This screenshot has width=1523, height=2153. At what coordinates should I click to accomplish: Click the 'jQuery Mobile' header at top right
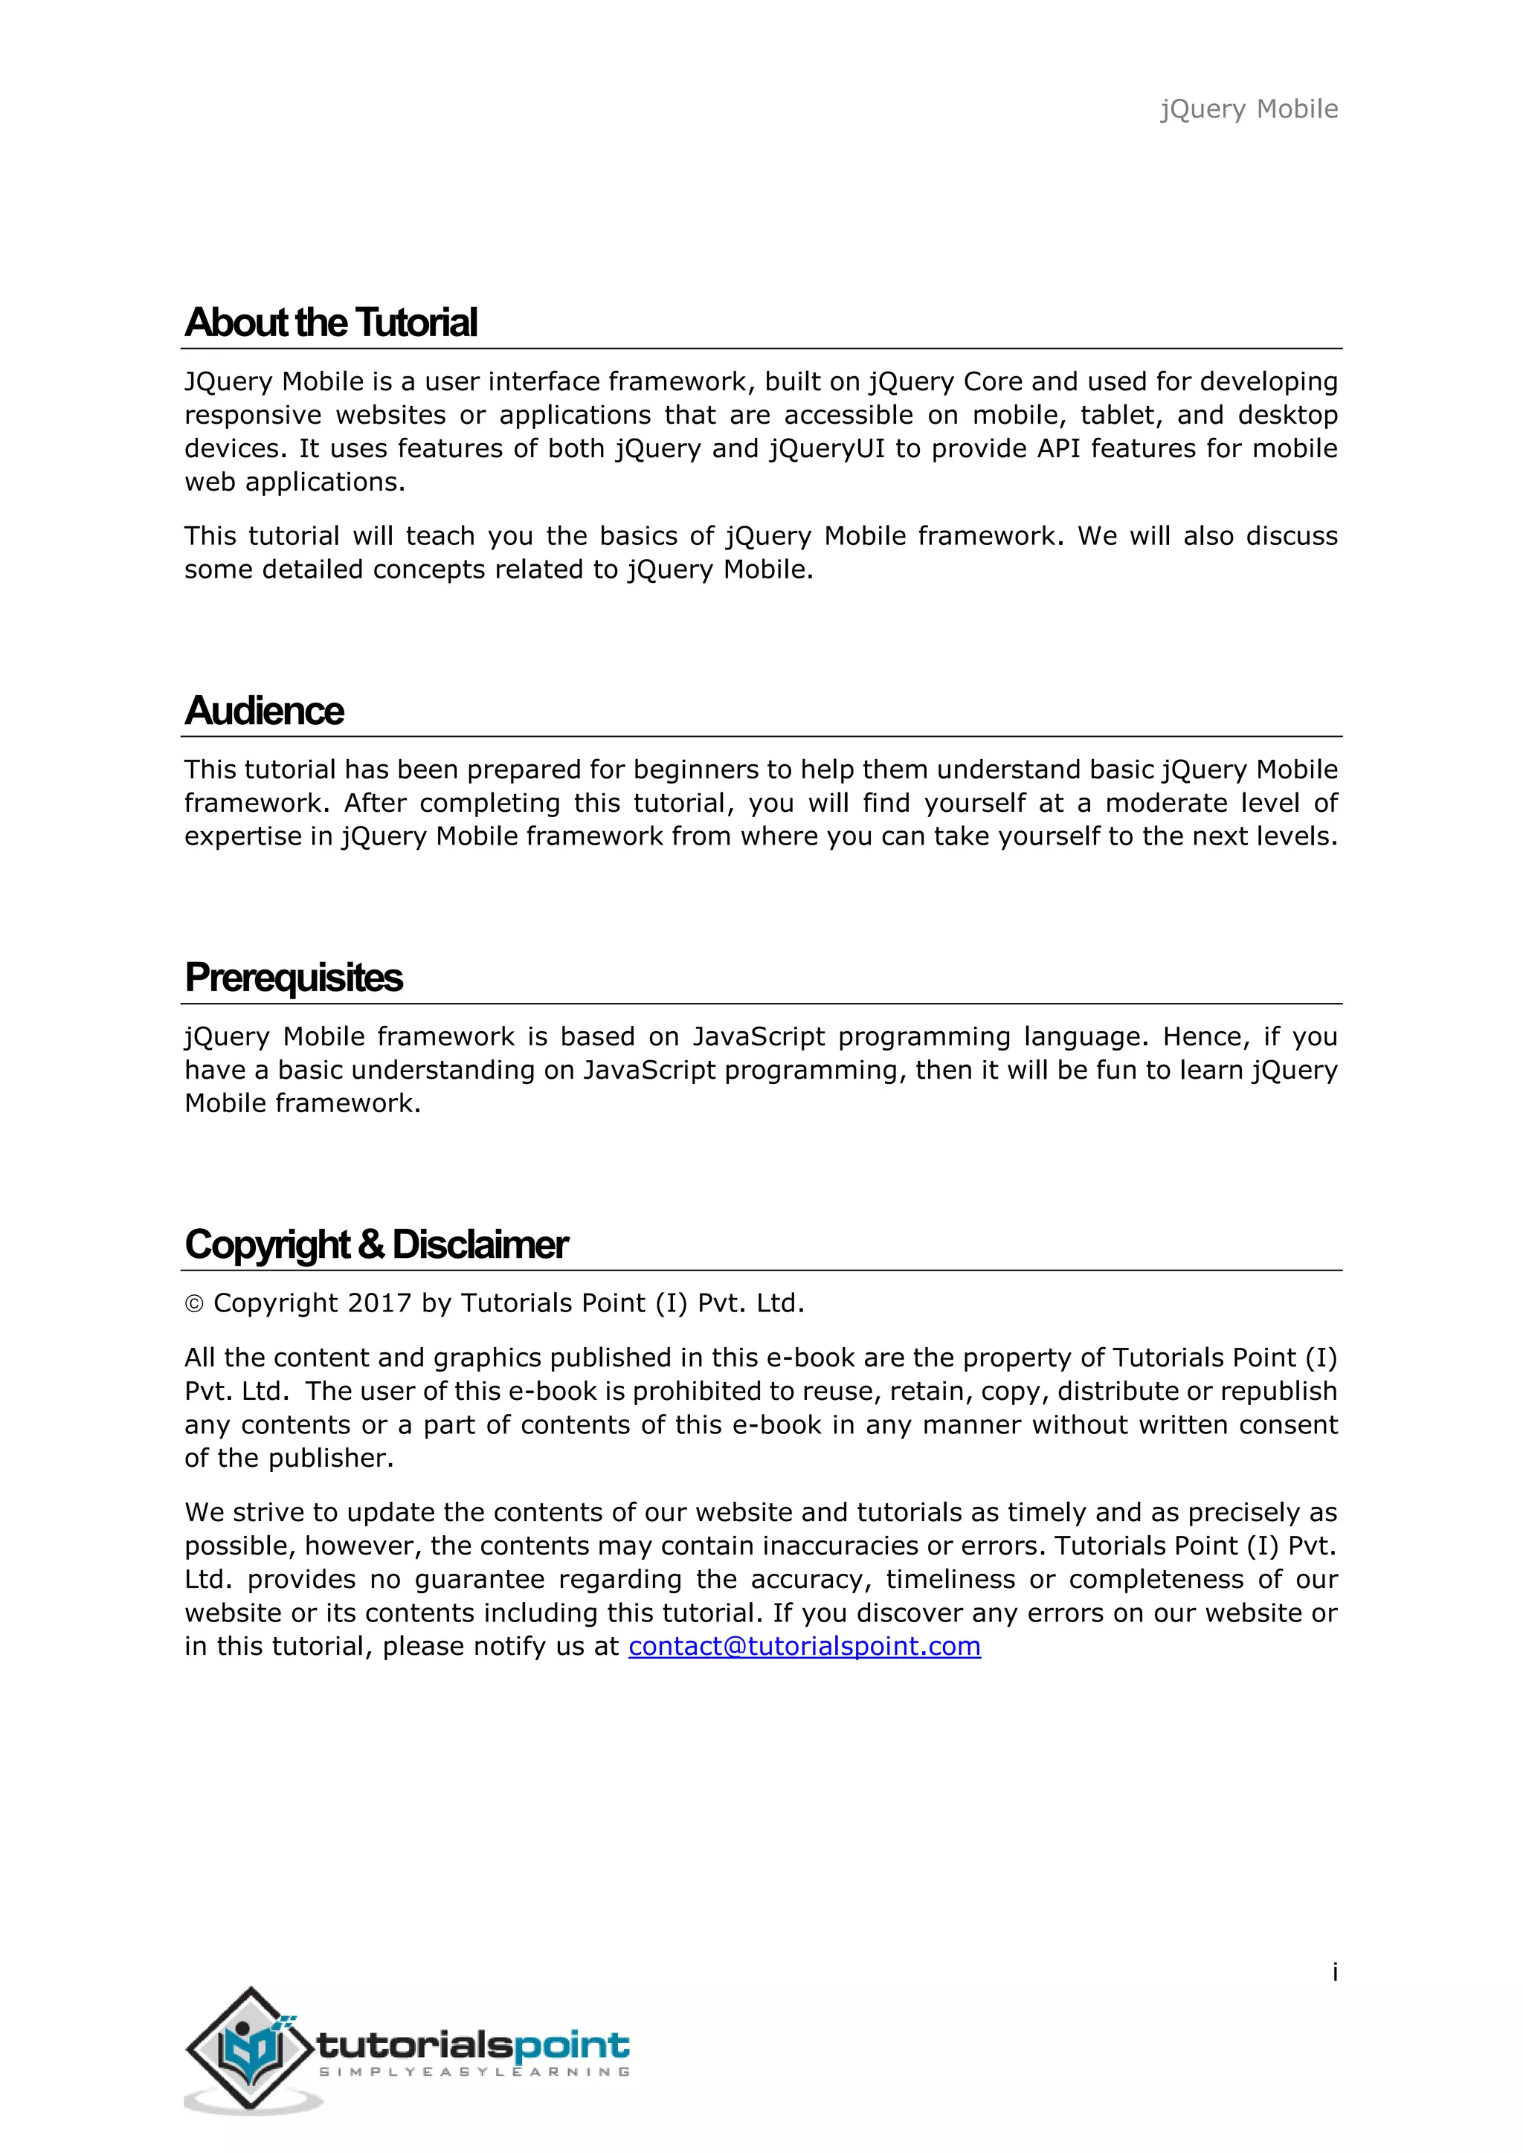[1249, 110]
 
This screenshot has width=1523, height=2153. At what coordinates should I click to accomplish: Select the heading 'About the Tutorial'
[331, 323]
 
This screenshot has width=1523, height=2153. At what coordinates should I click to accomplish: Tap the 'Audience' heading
[265, 711]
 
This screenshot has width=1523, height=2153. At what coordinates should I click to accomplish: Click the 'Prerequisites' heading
[294, 978]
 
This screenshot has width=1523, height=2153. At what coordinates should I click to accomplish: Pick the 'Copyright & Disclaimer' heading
[376, 1245]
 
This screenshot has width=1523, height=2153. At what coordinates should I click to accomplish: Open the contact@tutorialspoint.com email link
[805, 1646]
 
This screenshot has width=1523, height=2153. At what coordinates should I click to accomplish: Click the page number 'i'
[1335, 1972]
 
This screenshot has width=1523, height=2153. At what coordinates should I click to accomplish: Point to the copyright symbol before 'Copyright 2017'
[194, 1305]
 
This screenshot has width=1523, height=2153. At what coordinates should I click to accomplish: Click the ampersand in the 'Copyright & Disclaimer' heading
[370, 1245]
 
